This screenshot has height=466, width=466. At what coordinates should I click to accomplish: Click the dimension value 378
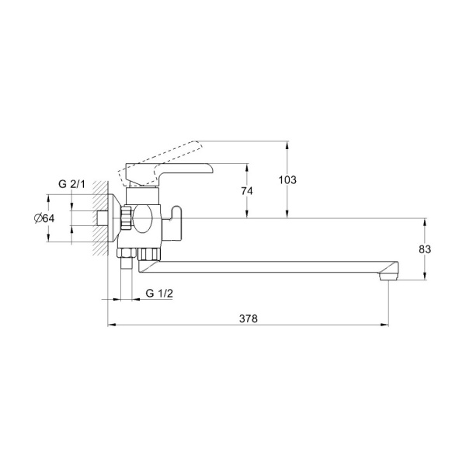(249, 318)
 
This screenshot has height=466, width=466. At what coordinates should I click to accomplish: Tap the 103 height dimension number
(287, 180)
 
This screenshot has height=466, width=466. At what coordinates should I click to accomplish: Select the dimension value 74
(247, 191)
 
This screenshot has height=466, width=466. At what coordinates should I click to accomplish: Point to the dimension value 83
(425, 249)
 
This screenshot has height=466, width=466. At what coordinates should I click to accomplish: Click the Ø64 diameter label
(44, 219)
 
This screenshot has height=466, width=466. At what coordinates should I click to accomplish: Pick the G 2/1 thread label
(71, 184)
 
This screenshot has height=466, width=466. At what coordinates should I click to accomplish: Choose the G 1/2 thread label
(159, 294)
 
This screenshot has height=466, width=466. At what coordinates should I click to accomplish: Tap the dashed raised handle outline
(161, 162)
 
